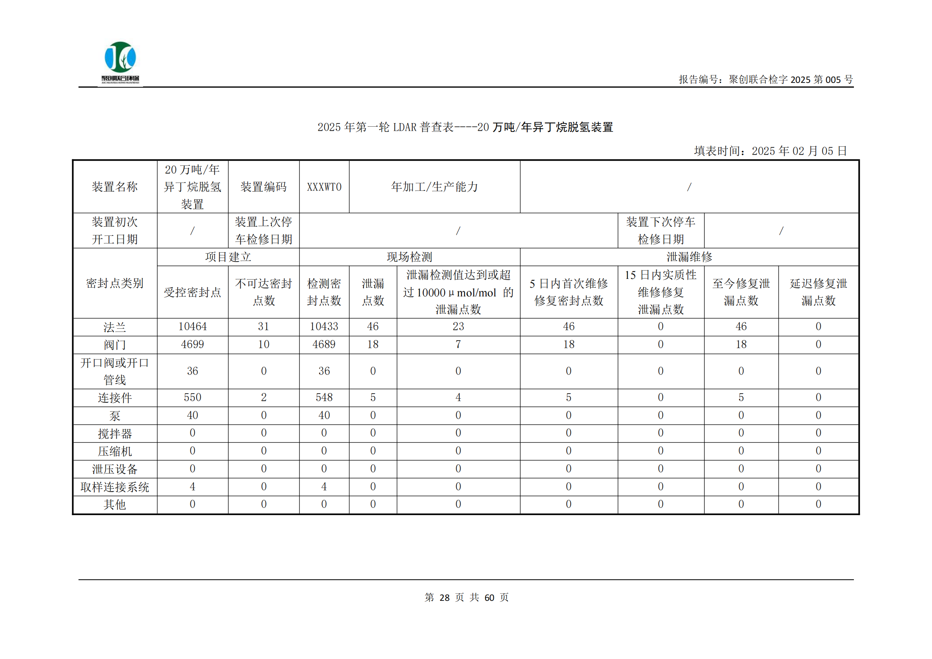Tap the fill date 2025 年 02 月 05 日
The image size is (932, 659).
799,151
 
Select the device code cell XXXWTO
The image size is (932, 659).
324,187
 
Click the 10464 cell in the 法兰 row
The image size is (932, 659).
192,327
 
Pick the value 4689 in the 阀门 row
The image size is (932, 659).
324,345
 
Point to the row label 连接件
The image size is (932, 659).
115,398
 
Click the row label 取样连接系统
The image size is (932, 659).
115,487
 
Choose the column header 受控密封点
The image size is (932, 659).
192,292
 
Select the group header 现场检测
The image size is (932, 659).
409,257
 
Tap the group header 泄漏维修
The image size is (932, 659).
689,257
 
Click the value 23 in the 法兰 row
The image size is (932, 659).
458,327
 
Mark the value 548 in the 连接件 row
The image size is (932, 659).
324,398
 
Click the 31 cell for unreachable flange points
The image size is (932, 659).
263,327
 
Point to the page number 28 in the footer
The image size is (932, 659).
445,598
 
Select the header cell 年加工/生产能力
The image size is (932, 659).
434,187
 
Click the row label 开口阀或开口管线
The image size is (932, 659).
115,371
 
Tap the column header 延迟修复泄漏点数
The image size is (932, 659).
818,292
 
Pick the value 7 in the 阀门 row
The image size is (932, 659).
458,345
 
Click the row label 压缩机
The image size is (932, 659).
115,451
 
